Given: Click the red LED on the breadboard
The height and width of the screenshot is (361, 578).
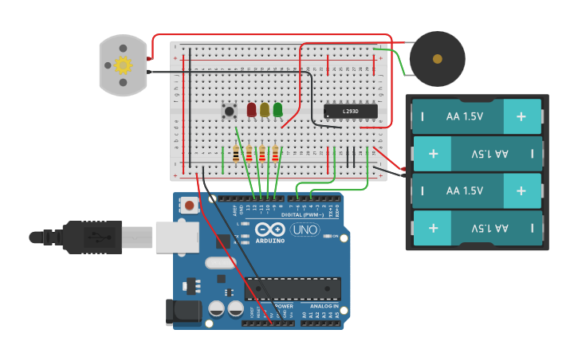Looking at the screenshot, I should coord(251,109).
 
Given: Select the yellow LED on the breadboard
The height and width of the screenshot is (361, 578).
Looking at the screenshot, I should coord(265,109).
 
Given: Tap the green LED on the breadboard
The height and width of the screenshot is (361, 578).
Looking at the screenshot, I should coord(277,109).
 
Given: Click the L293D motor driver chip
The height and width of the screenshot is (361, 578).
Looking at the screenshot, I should coord(350,112).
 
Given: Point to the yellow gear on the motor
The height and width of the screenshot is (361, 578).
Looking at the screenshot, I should coord(123,65).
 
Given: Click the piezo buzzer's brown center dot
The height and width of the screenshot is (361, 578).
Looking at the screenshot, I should coord(437,59).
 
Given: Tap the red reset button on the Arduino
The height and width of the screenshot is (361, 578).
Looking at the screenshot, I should coord(189,206).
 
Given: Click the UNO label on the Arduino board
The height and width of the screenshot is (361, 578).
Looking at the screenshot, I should coord(304,230).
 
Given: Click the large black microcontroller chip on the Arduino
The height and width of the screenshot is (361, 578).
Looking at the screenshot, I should coord(293,288).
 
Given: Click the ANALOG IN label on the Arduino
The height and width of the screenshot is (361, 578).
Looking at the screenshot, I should coord(324,306).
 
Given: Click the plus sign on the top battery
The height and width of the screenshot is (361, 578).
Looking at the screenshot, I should coord(521,116).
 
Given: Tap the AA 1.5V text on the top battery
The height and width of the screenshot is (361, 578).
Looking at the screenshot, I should coord(465,116).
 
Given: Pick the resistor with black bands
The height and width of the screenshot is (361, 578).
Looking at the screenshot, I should coord(235,155).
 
